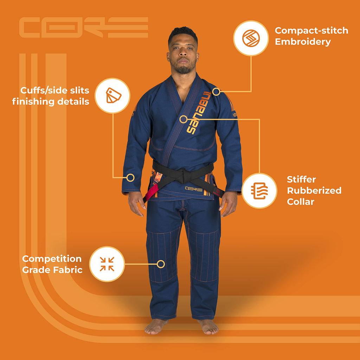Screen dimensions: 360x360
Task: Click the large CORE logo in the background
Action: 83,27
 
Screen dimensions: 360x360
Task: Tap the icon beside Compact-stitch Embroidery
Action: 251,38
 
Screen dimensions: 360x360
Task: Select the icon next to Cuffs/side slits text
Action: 112,95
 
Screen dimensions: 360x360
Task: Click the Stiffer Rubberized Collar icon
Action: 259,191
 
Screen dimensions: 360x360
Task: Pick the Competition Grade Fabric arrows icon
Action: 107,264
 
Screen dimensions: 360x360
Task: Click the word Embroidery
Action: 303,42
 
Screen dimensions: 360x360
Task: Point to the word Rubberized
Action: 314,191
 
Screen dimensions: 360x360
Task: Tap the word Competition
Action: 52,259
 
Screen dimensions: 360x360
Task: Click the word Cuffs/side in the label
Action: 39,90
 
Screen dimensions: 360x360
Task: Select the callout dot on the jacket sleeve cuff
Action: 130,178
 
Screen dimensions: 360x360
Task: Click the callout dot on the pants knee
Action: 161,264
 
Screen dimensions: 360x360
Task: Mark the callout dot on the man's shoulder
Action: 216,92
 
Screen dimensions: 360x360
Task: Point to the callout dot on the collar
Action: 183,119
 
